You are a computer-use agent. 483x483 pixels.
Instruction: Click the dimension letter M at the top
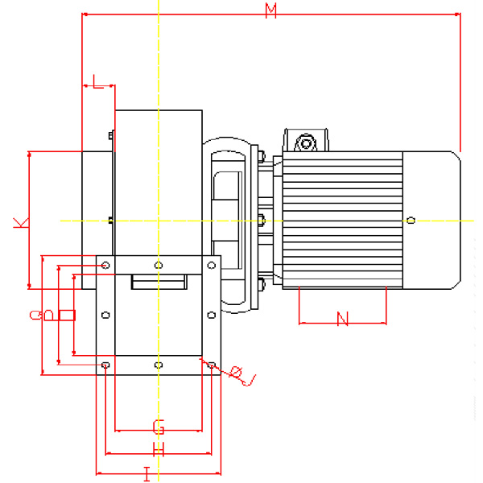[271, 10]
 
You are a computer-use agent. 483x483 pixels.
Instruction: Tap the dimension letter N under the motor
[342, 319]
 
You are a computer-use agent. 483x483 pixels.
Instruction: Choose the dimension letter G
[159, 424]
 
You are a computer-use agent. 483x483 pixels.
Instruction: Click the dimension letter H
[159, 449]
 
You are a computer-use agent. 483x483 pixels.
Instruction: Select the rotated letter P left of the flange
[50, 315]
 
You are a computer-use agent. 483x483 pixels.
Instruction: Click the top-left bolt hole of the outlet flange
[106, 264]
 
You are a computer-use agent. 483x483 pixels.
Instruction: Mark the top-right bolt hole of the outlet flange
[211, 264]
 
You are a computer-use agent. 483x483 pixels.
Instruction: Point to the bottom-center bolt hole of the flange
[159, 365]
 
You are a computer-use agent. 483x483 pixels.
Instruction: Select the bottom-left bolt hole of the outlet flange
[106, 365]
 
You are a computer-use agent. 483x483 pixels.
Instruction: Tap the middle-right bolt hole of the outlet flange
[211, 315]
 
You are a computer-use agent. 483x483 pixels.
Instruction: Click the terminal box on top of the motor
[306, 142]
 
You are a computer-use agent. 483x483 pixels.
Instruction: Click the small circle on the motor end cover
[411, 220]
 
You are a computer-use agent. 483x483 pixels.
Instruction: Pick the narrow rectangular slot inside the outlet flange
[159, 282]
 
